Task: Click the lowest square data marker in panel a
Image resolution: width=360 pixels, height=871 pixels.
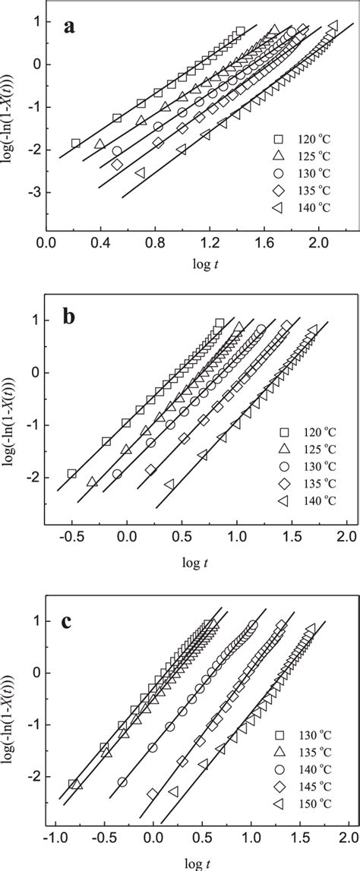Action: pos(76,144)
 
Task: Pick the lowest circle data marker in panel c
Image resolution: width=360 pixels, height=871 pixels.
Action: pos(122,781)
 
